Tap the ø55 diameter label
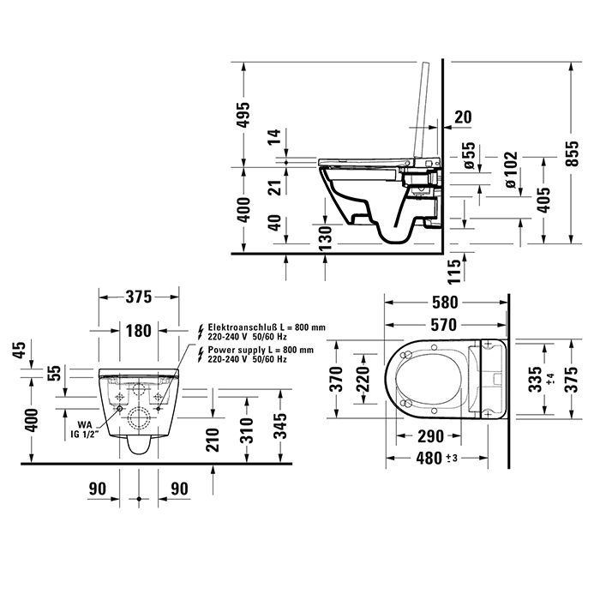click(469, 156)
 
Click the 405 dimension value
click(543, 199)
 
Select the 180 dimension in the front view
click(139, 330)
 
